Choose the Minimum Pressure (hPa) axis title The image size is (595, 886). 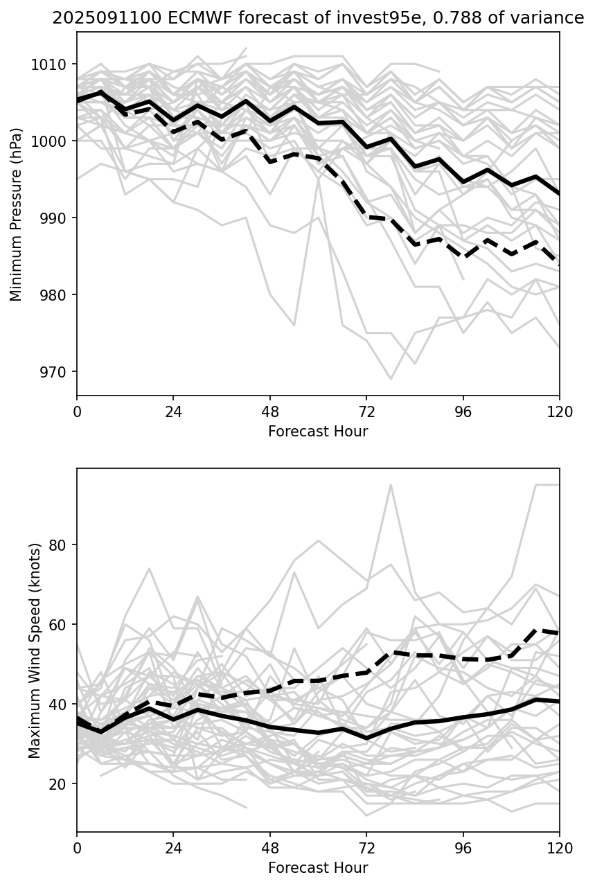pos(17,214)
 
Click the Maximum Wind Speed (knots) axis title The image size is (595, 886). pos(35,650)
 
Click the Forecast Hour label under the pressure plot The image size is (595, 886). pos(318,432)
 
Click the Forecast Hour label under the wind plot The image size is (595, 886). pos(318,868)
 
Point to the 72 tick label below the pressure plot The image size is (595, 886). pos(366,411)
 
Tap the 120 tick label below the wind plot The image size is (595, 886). pos(560,848)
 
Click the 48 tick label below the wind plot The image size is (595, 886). pos(270,848)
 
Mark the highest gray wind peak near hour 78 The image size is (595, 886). pos(391,485)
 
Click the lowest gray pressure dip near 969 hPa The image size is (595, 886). pos(391,379)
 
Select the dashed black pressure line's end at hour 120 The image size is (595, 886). pos(558,265)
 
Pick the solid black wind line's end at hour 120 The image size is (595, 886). pos(558,701)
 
